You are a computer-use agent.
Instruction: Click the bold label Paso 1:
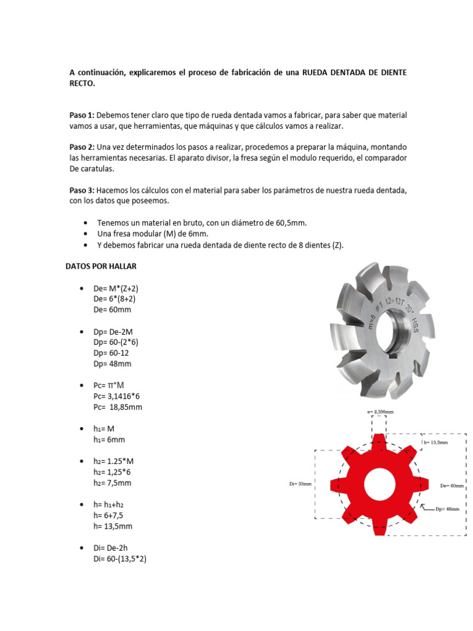82,115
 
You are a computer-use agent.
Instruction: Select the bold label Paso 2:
82,147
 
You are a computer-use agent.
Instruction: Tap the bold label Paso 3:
82,190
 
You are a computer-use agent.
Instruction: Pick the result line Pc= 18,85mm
118,407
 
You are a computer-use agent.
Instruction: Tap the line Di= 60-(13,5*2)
119,559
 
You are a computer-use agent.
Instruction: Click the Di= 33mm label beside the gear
300,484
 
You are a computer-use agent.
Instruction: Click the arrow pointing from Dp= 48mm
428,508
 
